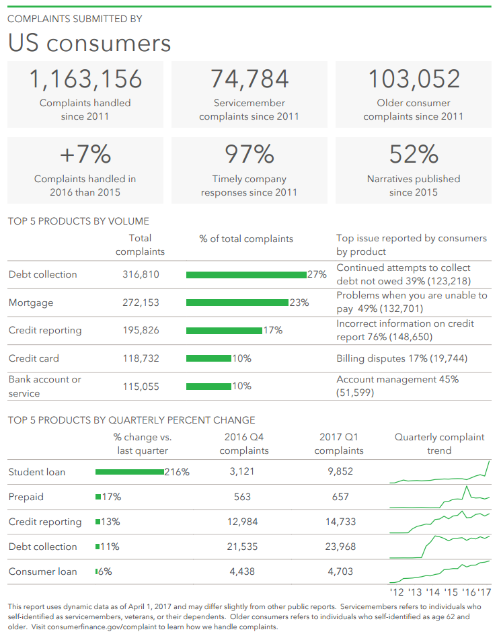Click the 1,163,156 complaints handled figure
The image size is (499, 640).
coord(85,79)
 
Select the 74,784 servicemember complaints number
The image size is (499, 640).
coord(249,79)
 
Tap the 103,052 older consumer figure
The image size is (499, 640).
coord(414,79)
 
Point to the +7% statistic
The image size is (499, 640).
coord(85,155)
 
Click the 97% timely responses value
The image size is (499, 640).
coord(249,155)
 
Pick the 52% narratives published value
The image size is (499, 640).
coord(414,155)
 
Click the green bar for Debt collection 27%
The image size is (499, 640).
coord(246,274)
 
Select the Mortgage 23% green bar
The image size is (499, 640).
coord(237,303)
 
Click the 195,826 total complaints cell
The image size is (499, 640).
coord(141,330)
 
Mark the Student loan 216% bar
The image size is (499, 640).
coord(130,472)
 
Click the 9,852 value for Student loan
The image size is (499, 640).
coord(340,472)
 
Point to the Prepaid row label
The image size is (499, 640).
coord(26,497)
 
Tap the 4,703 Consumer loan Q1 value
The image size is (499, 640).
coord(340,571)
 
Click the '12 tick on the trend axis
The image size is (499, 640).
coord(397,592)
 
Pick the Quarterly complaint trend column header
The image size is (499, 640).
coord(439,444)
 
